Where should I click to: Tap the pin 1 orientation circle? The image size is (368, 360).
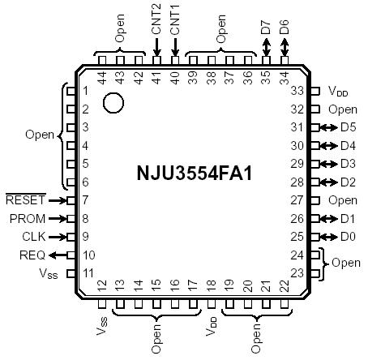113,103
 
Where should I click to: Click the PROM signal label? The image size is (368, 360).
28,218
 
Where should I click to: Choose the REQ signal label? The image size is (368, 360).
32,255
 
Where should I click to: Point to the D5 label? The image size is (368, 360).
349,127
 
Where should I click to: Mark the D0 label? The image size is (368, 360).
349,237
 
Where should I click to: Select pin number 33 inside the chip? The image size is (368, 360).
297,91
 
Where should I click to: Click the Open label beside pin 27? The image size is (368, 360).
343,200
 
